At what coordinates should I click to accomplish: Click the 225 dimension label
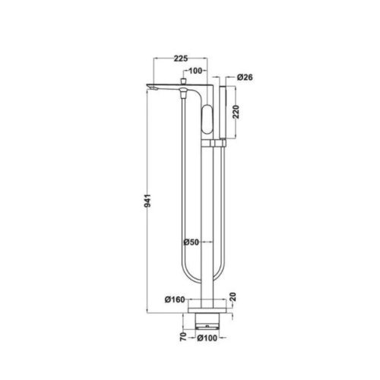[x=181, y=59]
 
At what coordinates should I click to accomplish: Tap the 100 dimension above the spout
[x=195, y=71]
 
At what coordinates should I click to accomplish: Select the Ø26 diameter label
[x=245, y=77]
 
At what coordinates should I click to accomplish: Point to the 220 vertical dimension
[x=236, y=112]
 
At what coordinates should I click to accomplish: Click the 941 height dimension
[x=147, y=201]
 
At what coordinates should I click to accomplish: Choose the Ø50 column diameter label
[x=192, y=242]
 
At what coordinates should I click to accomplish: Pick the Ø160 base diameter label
[x=175, y=299]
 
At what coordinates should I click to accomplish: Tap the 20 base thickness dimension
[x=233, y=296]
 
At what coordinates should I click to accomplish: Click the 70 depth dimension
[x=183, y=337]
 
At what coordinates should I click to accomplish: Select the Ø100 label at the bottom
[x=207, y=338]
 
